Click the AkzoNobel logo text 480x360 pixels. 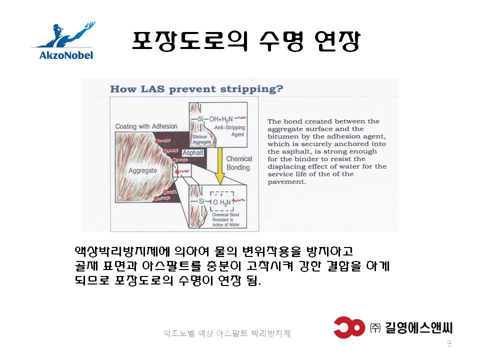[x=66, y=55]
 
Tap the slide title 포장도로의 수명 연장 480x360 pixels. [x=246, y=40]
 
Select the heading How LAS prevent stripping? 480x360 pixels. [x=196, y=89]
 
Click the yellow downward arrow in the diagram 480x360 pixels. [x=220, y=166]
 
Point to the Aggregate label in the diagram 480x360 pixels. [x=142, y=170]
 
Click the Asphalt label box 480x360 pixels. [x=193, y=152]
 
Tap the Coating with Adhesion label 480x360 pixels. [x=146, y=126]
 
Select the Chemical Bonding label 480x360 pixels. [x=239, y=163]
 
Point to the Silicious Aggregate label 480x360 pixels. [x=201, y=139]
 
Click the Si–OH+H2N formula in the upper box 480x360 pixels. [x=215, y=119]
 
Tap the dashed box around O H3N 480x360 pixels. [x=222, y=201]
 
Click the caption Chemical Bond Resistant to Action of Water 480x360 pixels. [x=226, y=220]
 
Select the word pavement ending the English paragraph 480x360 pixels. [x=286, y=182]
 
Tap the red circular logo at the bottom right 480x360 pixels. [x=349, y=327]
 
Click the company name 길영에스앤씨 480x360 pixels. [x=418, y=328]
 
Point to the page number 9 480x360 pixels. [x=449, y=343]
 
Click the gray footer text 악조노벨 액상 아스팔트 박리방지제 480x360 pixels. [x=227, y=333]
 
